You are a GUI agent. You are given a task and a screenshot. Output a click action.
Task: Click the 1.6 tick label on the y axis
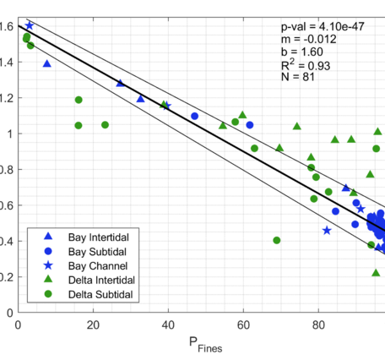tap(8, 26)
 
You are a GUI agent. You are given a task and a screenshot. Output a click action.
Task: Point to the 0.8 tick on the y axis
tap(8, 169)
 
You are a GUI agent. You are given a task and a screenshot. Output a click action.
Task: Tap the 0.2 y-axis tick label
tap(8, 276)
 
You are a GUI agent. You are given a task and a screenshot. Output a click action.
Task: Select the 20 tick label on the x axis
tap(93, 323)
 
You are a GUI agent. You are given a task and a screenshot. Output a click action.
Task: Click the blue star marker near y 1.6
tap(30, 26)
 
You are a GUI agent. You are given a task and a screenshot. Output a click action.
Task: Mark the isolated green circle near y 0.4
tap(277, 240)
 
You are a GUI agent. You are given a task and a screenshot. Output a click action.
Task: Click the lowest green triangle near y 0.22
tap(376, 272)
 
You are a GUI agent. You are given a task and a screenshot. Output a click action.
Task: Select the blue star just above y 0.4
tap(327, 230)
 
